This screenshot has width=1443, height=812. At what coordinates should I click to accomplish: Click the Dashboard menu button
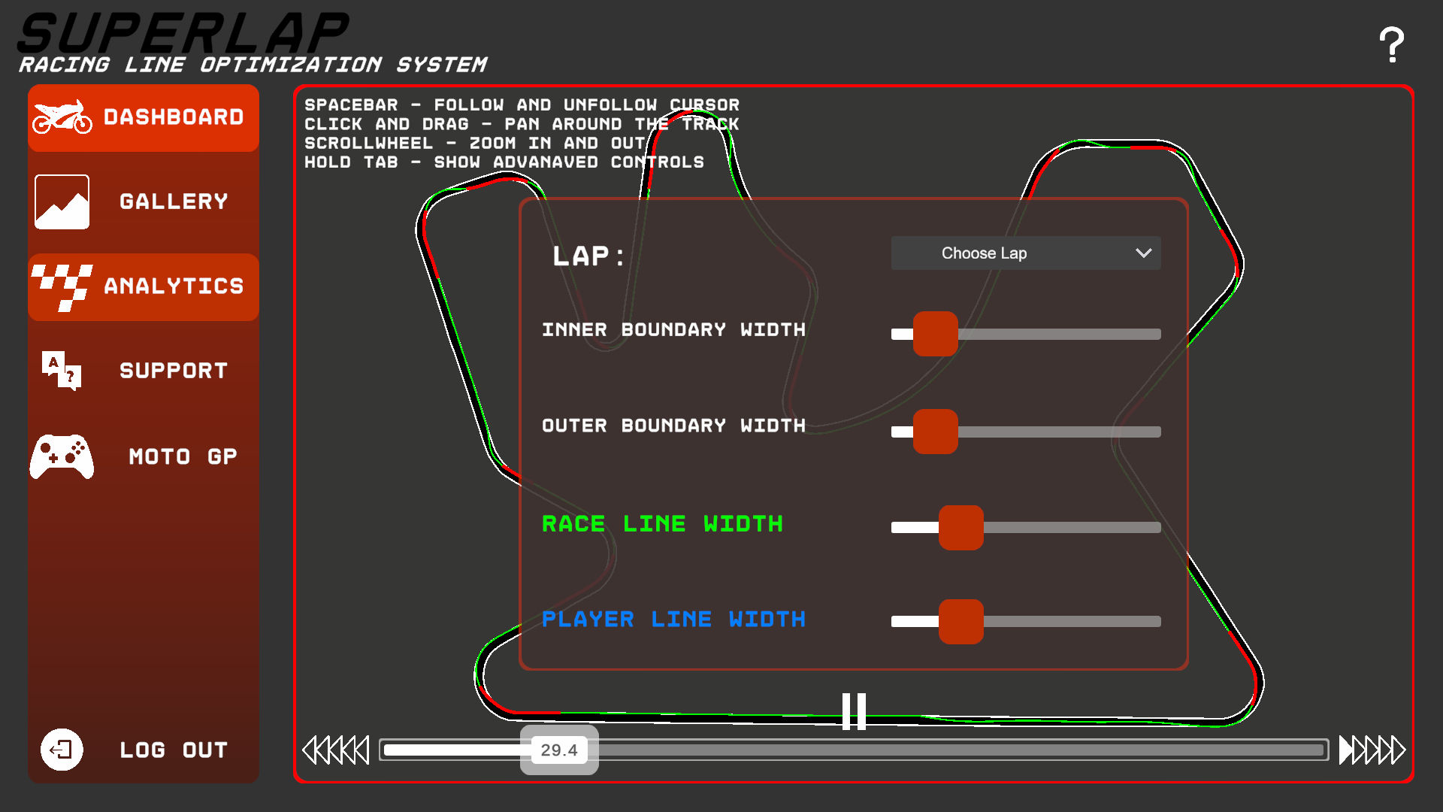(x=144, y=118)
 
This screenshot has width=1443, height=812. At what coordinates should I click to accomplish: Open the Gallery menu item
(x=144, y=201)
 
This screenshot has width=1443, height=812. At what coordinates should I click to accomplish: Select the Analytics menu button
(x=144, y=286)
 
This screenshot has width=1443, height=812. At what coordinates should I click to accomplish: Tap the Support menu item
(x=144, y=371)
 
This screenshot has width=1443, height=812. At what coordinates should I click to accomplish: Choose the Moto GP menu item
(x=144, y=456)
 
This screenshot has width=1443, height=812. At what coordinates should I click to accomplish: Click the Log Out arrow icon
(x=62, y=750)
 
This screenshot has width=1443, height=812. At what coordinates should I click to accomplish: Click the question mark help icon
(x=1391, y=45)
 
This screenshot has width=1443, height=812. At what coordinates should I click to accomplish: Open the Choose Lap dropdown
(x=1026, y=253)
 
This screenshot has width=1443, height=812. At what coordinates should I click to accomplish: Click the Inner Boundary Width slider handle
(x=935, y=334)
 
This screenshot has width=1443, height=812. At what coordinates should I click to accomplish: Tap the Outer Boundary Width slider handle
(x=935, y=432)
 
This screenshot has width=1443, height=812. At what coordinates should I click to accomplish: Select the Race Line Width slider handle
(x=960, y=528)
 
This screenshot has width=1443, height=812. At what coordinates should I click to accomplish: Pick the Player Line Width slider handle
(x=960, y=622)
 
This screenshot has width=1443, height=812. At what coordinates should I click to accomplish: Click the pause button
(x=854, y=711)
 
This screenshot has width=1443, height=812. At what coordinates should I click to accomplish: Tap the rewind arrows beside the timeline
(x=335, y=750)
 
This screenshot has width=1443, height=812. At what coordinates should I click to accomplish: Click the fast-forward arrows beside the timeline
(x=1372, y=750)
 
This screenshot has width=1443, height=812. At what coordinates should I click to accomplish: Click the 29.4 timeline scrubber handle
(x=559, y=750)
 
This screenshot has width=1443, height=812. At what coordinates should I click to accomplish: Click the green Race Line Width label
(x=662, y=524)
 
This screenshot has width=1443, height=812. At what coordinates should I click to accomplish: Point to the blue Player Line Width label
(x=673, y=620)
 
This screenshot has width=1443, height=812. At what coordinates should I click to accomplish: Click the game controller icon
(x=62, y=456)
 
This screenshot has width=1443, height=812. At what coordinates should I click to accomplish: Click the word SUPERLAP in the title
(x=183, y=34)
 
